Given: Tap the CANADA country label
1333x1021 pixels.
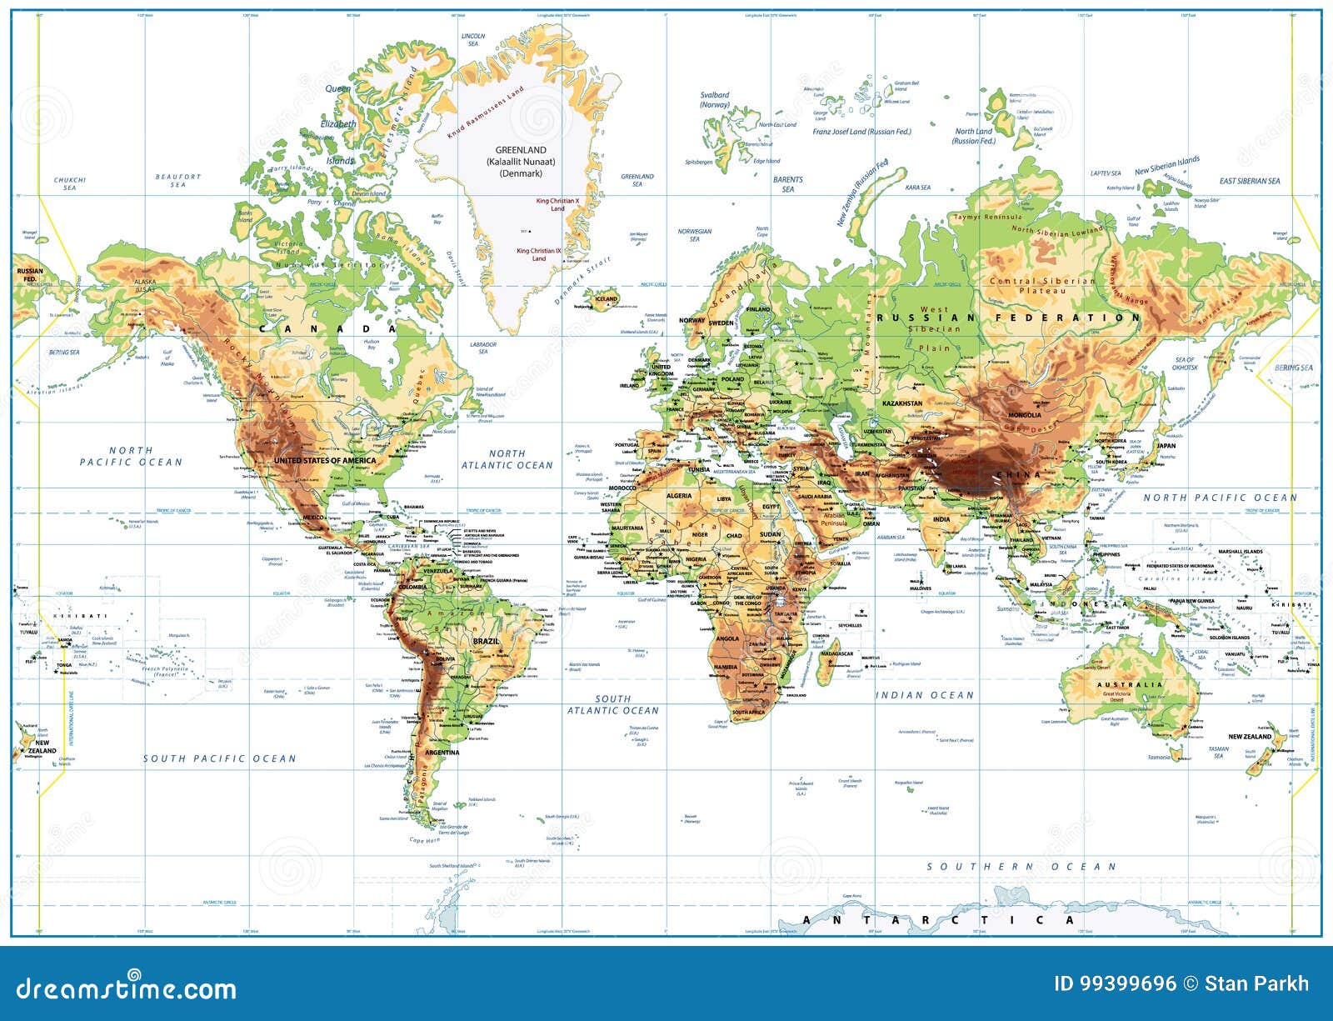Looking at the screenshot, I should [325, 328].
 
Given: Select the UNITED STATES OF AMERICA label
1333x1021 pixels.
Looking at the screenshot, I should [326, 460].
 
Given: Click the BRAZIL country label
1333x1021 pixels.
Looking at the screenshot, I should [486, 641].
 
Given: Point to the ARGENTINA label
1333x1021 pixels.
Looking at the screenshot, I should [442, 753].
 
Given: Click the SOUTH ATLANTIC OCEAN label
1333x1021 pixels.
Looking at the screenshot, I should [613, 705].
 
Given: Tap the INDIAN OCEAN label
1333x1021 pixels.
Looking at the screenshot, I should [924, 694].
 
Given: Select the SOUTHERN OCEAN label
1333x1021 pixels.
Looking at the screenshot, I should [1021, 867].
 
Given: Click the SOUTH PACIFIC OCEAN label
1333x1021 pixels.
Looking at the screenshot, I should [219, 758].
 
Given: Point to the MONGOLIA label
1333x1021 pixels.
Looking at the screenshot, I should [1024, 415].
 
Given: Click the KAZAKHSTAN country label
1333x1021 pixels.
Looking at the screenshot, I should [902, 403].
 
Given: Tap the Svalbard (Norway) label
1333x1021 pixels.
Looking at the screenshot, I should [715, 100].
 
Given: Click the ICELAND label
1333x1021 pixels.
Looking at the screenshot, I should [606, 298].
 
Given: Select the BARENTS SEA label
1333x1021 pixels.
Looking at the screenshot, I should [787, 184].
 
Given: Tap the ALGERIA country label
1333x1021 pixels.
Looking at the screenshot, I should [678, 495].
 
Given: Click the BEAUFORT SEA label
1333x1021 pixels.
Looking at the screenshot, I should [178, 180].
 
